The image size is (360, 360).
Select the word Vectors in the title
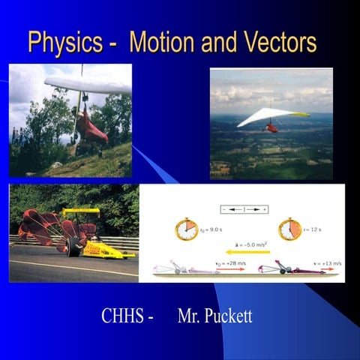click(277, 43)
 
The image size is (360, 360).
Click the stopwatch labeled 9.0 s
click(187, 229)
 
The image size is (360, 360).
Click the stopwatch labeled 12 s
click(289, 229)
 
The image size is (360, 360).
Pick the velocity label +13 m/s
click(328, 264)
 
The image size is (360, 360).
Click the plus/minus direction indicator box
click(244, 209)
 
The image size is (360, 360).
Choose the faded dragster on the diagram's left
click(180, 268)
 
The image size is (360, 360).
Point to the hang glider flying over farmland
click(271, 118)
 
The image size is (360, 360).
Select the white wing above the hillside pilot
click(86, 85)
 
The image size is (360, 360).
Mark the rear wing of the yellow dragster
click(81, 212)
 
